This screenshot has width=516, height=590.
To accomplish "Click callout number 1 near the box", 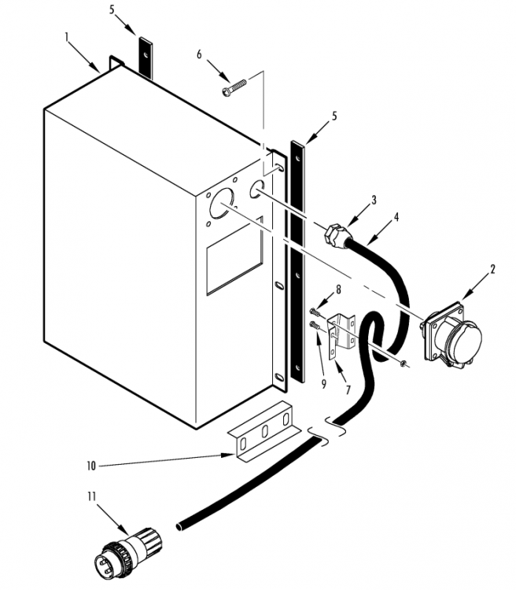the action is (x=67, y=38).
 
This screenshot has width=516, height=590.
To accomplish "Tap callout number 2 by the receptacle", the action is (x=492, y=269).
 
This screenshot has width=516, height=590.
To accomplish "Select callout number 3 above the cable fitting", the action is (x=374, y=200).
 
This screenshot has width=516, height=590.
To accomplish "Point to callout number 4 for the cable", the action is (x=396, y=217).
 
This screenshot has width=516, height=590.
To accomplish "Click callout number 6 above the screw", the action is (x=199, y=55).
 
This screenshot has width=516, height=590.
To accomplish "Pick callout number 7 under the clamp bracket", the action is (x=348, y=390).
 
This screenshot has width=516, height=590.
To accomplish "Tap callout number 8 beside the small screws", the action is (x=338, y=289).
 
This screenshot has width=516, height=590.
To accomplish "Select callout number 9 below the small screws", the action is (x=323, y=384).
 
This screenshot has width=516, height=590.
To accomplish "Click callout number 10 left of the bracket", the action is (x=91, y=466).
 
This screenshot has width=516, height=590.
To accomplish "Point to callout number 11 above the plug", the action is (x=92, y=496).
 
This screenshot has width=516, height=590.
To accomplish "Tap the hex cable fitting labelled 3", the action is (x=335, y=234).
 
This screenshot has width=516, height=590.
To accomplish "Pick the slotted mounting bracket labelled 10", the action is (x=264, y=431).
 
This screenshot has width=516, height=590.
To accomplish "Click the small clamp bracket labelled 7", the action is (x=341, y=336).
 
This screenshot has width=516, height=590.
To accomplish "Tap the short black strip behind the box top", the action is (x=146, y=58).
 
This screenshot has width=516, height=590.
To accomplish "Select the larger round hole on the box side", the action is (x=222, y=203).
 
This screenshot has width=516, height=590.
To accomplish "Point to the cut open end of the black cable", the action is (x=180, y=525).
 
